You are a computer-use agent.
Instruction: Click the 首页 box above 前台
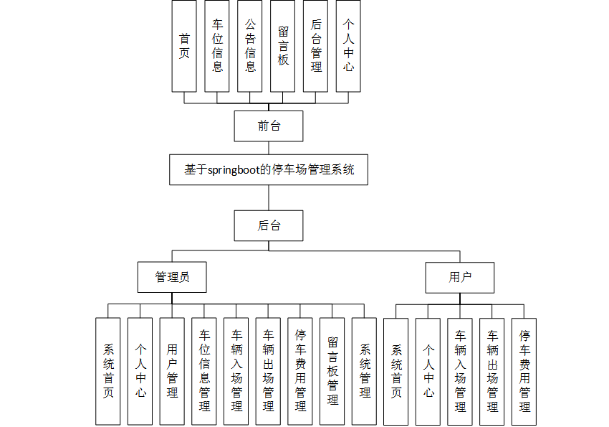click(x=184, y=46)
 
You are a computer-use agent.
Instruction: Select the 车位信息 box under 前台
click(x=217, y=46)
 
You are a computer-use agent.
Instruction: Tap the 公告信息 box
click(x=250, y=46)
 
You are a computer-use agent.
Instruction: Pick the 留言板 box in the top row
click(x=283, y=46)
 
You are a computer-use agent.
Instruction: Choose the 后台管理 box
click(x=316, y=46)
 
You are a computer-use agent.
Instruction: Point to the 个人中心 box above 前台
click(x=348, y=46)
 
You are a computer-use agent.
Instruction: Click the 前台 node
click(x=269, y=126)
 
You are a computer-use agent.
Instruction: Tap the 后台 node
click(x=269, y=225)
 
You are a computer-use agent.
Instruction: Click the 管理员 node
click(x=172, y=277)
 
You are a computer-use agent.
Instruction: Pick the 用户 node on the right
click(x=460, y=277)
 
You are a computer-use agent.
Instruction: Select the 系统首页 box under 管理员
click(x=108, y=371)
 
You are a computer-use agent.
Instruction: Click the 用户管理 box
click(x=172, y=371)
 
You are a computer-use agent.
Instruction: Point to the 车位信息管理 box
click(x=204, y=371)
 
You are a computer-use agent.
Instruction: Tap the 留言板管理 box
click(x=332, y=371)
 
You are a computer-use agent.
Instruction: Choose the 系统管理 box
click(x=365, y=371)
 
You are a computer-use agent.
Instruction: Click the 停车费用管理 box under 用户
click(x=524, y=371)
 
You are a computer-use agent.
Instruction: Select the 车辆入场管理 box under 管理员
click(x=236, y=371)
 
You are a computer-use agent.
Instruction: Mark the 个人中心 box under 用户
click(x=428, y=371)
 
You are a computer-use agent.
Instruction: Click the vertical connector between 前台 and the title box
click(x=269, y=147)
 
